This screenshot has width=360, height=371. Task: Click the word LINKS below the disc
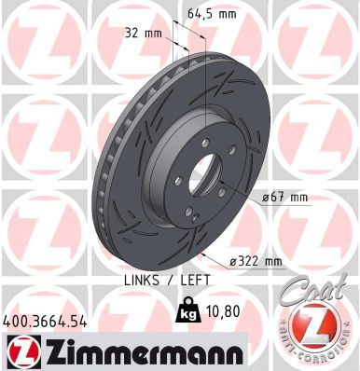[x=142, y=279]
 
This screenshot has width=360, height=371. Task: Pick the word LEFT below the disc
[x=193, y=279]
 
